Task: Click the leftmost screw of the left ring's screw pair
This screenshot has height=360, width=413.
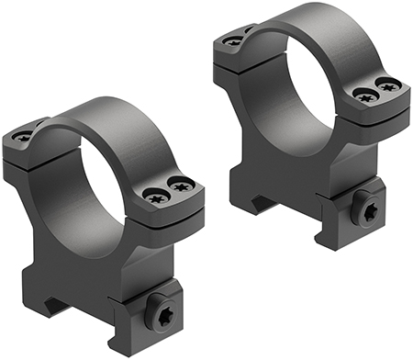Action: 152,193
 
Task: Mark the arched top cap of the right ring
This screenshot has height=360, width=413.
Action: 312,28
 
